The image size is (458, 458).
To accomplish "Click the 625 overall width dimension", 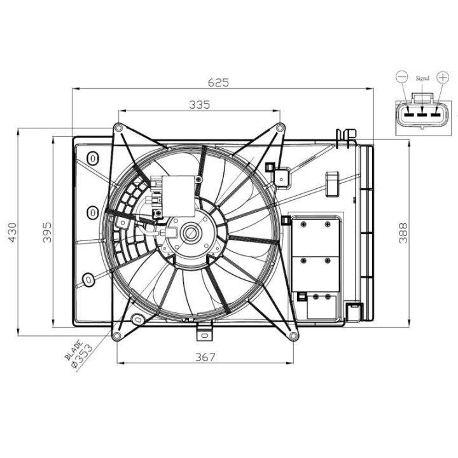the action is click(x=218, y=83).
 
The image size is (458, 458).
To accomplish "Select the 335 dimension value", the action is click(x=200, y=104).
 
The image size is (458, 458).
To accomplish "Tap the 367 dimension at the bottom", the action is click(x=205, y=357).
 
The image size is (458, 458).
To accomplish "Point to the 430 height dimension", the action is click(x=12, y=233).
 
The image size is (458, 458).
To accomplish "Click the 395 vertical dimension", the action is click(x=47, y=233).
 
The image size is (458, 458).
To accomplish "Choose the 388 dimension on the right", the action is click(x=403, y=233).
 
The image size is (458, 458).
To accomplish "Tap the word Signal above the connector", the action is click(x=422, y=78).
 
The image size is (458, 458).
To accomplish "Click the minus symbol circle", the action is click(x=401, y=77).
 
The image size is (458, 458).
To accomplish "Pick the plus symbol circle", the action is click(x=443, y=77).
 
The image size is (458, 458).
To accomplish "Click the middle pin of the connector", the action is click(x=422, y=115).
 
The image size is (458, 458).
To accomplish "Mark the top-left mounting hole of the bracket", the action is click(x=118, y=128).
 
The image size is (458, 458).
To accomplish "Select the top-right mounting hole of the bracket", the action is click(x=280, y=127).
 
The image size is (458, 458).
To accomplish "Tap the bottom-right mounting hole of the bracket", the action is click(x=293, y=336).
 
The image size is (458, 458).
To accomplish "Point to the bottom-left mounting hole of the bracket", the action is click(x=116, y=336).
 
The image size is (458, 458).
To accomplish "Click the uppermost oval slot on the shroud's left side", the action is click(x=93, y=158).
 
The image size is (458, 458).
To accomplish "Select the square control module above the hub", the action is click(x=178, y=196).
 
